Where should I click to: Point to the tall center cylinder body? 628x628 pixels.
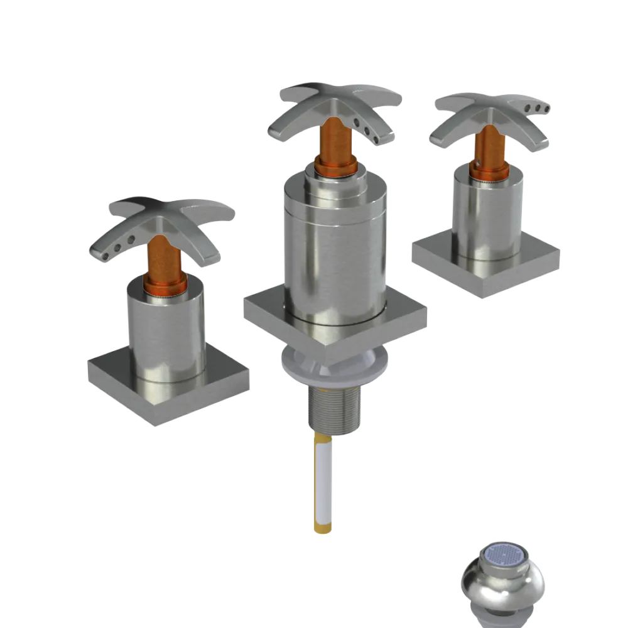tap(333, 251)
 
